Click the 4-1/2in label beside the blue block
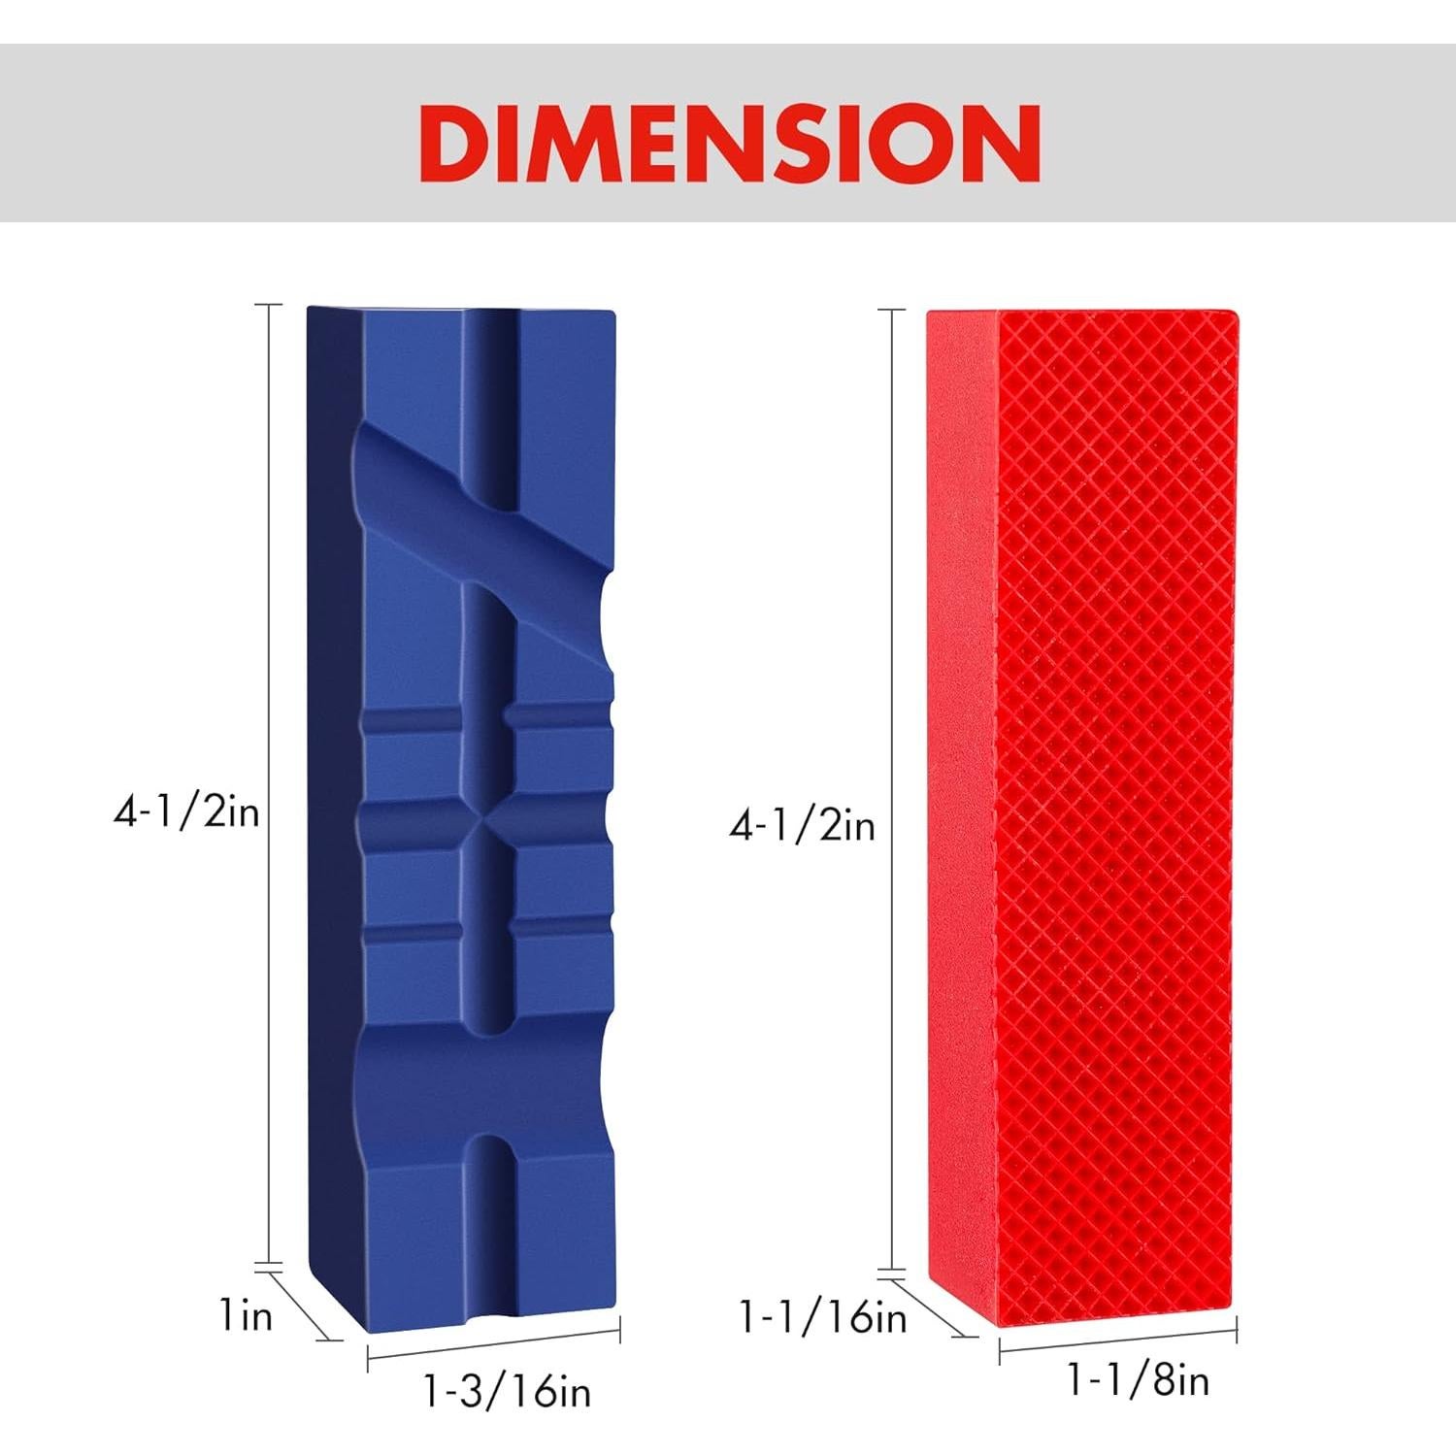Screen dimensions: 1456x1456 pyautogui.click(x=187, y=811)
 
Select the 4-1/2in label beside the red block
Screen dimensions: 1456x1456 pyautogui.click(x=803, y=825)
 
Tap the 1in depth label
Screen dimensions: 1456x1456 pyautogui.click(x=245, y=1316)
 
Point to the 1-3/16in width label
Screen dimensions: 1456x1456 pyautogui.click(x=507, y=1392)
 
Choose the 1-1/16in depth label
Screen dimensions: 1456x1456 pyautogui.click(x=823, y=1317)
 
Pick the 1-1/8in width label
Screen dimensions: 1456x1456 pyautogui.click(x=1139, y=1379)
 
